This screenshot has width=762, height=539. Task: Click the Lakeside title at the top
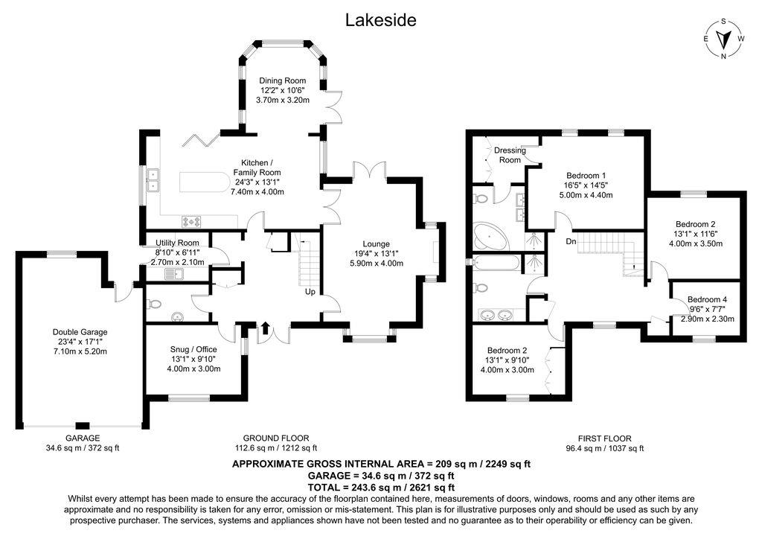[x=380, y=20]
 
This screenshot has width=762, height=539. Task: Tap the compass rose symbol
[x=723, y=39]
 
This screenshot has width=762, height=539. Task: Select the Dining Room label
[x=282, y=90]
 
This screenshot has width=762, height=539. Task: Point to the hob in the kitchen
[x=191, y=220]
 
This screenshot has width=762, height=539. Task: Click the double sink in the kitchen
[x=155, y=180]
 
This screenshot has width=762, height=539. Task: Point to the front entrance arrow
[x=266, y=326]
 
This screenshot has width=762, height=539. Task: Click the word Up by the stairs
[x=310, y=291]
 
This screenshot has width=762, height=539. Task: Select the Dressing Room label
[x=510, y=155]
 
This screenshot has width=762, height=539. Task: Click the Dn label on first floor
[x=571, y=242]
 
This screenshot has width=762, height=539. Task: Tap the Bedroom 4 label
[x=708, y=309]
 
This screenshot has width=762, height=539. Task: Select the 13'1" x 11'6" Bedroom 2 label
[x=696, y=234]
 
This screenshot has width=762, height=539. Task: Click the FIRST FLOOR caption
[x=604, y=438]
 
